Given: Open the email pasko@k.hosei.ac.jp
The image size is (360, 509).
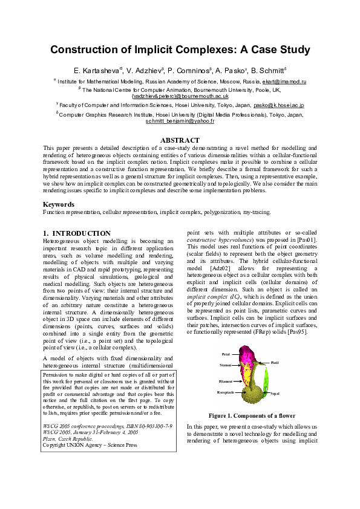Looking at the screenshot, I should (x=278, y=105).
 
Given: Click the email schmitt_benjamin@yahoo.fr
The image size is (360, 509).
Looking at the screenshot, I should (x=180, y=121).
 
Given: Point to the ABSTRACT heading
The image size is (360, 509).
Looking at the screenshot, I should (x=180, y=140).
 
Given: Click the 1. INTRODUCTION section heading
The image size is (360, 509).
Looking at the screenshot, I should (x=77, y=233).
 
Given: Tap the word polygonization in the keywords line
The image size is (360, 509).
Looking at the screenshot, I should (x=208, y=213).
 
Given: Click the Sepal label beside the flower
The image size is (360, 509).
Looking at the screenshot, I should (x=275, y=394).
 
